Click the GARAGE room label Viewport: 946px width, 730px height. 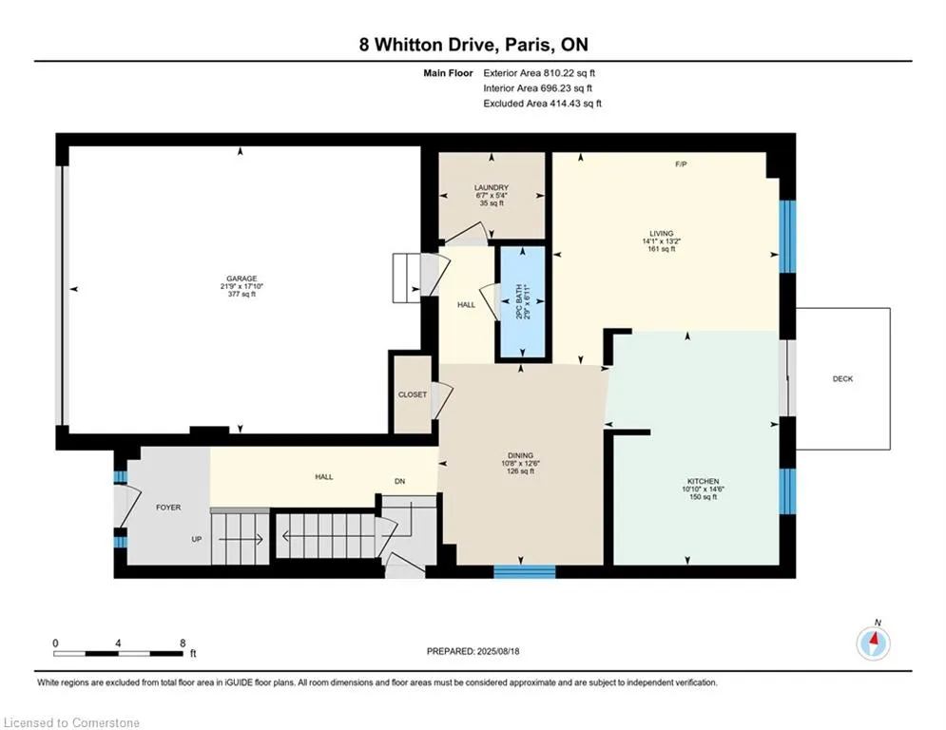241,279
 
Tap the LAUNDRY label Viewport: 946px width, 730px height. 492,187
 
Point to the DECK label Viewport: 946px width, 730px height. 842,379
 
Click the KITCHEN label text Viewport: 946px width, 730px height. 703,481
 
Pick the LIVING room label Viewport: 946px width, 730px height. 661,234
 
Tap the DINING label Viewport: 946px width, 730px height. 521,455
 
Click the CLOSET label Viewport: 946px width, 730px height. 413,394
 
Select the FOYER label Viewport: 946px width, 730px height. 168,508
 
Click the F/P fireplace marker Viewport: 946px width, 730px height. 681,164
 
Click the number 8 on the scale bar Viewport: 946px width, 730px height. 183,644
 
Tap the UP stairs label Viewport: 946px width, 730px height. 197,539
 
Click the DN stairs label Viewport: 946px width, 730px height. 399,481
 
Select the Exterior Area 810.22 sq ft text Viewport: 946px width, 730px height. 539,73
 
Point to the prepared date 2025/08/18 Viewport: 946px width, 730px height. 498,651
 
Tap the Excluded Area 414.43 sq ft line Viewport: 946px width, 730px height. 542,104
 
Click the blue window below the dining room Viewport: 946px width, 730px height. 524,571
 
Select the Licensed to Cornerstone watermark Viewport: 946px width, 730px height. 71,722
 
